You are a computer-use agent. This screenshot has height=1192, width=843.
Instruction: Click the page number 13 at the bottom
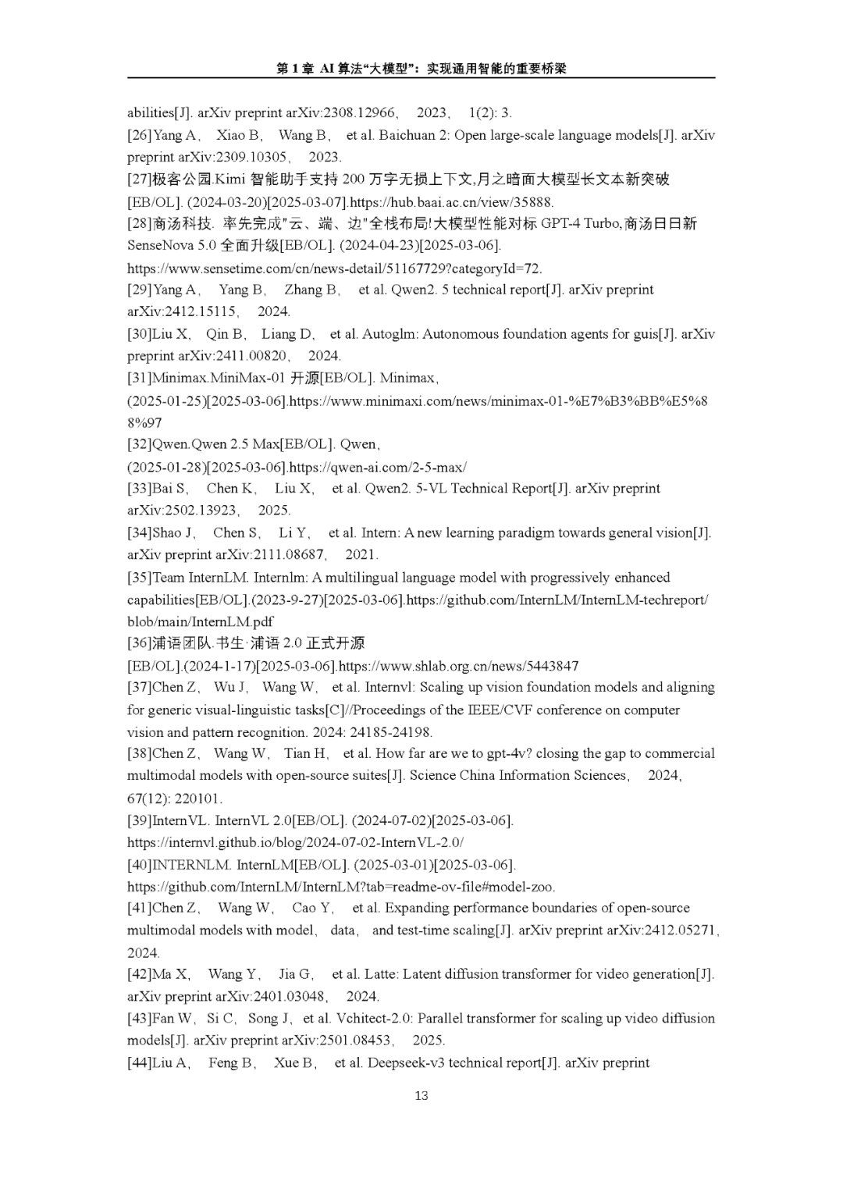pos(421,1095)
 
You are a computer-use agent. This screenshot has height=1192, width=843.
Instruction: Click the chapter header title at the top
pos(421,69)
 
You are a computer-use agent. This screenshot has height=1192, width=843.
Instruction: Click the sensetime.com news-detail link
pos(334,269)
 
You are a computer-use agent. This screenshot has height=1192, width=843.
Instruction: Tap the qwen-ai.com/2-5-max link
pos(378,468)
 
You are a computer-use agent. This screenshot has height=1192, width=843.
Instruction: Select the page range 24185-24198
pos(393,732)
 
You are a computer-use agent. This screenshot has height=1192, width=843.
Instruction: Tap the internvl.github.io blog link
pos(295,842)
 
